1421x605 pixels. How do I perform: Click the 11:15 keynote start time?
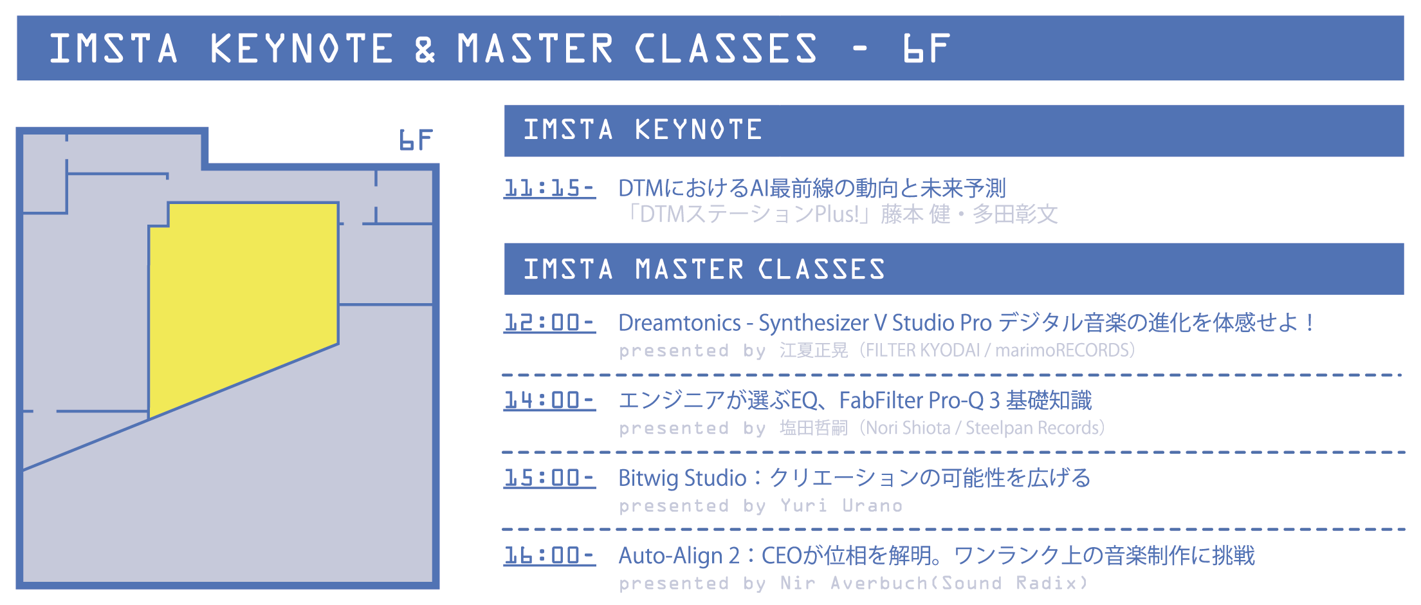tap(549, 188)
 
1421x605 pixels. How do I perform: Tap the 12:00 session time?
tap(549, 322)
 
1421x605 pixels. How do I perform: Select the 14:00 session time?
tap(549, 400)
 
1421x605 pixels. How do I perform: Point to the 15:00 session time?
tap(549, 478)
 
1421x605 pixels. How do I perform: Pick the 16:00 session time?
tap(549, 555)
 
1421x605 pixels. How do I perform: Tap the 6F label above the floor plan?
tap(416, 140)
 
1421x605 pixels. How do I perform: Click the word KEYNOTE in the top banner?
tap(302, 48)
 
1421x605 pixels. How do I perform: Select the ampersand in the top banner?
tap(425, 49)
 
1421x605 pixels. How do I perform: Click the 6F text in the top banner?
tap(927, 48)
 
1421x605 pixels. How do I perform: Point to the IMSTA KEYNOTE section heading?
tap(643, 130)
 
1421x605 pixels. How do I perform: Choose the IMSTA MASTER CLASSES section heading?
tap(704, 269)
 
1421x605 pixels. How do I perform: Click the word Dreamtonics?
tap(679, 323)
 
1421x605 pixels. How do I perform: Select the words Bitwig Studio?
tap(683, 478)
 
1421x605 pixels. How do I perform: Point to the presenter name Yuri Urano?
tap(841, 506)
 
